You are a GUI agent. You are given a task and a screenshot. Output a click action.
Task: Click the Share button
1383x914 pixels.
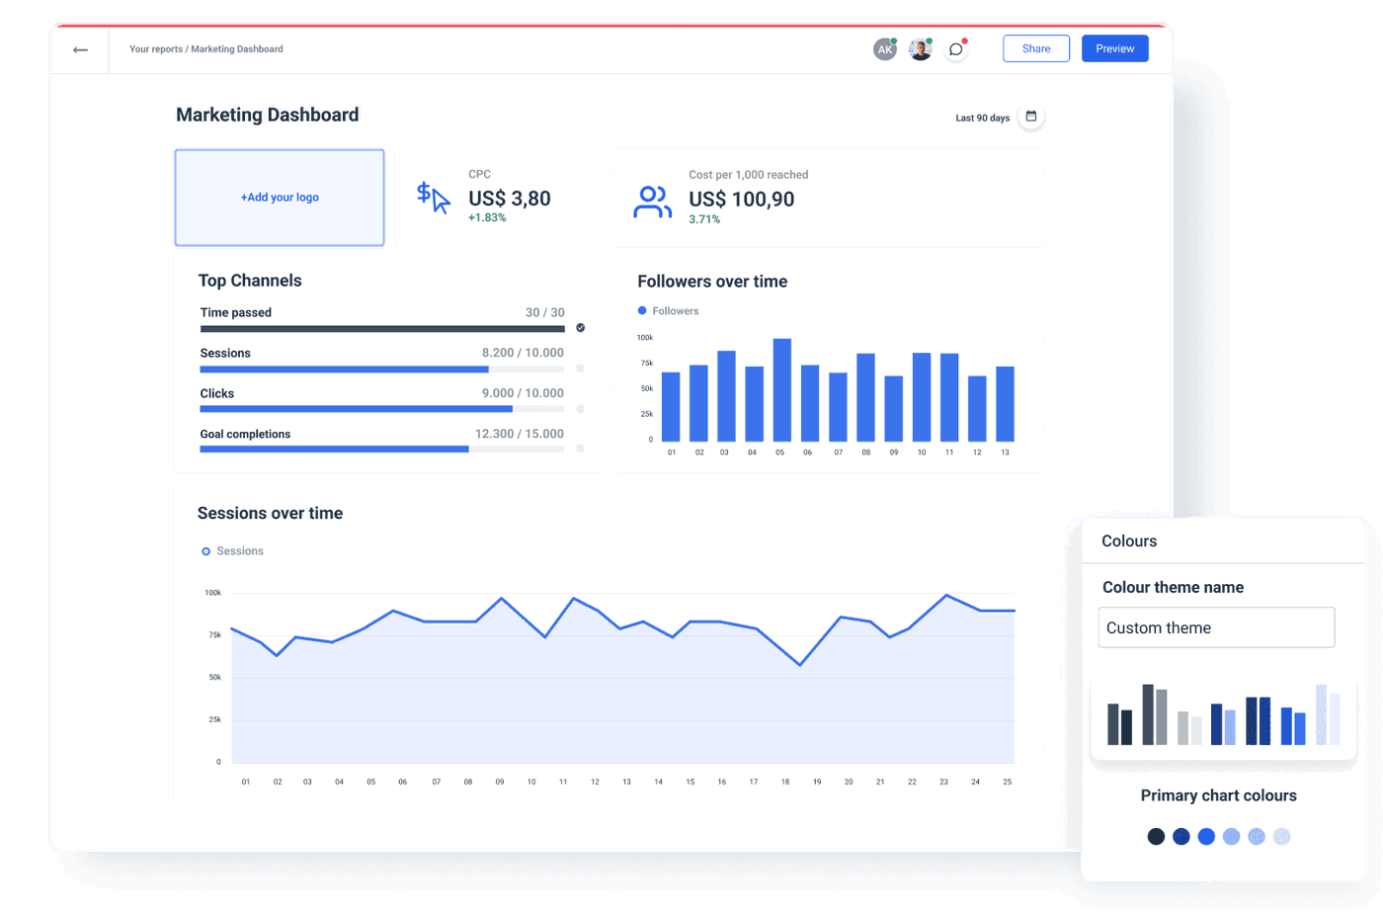click(1035, 48)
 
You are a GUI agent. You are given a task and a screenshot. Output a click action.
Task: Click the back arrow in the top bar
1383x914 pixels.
click(80, 49)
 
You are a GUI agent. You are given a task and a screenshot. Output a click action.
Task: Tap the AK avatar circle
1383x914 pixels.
click(884, 49)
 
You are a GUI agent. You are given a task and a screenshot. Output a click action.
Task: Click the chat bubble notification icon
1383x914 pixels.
click(955, 49)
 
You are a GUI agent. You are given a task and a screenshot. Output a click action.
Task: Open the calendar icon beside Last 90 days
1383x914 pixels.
click(1030, 117)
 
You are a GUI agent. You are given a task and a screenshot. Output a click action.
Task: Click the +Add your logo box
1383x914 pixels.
click(280, 198)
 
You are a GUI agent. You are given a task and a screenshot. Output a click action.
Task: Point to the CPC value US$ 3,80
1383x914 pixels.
click(509, 199)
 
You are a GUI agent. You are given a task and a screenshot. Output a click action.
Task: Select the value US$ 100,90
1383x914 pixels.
click(741, 200)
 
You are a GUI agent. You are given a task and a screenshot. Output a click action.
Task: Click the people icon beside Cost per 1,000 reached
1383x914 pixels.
click(651, 202)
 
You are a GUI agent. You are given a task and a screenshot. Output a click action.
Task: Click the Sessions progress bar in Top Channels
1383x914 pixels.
click(381, 370)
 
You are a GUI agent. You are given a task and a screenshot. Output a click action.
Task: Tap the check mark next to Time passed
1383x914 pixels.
click(580, 328)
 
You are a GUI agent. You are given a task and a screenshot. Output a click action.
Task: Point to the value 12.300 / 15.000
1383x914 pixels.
click(519, 434)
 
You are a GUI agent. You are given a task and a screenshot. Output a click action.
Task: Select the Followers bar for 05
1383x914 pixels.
click(781, 389)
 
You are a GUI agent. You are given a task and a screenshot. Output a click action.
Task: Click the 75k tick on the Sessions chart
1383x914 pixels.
click(214, 635)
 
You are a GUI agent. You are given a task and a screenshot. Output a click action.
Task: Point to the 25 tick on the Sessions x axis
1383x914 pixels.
click(1007, 782)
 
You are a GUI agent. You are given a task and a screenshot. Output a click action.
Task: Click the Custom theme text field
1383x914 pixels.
click(1216, 627)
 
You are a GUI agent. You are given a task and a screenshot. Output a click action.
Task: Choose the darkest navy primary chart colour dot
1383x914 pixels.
click(1156, 837)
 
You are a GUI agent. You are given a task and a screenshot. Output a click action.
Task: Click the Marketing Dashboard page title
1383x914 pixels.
click(267, 115)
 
